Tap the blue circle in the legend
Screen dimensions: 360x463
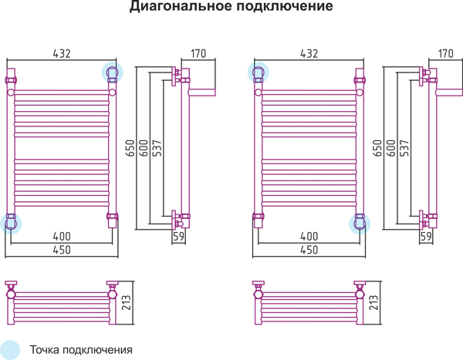pyautogui.click(x=10, y=349)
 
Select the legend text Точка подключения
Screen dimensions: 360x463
pyautogui.click(x=81, y=350)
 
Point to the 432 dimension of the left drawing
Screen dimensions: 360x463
pyautogui.click(x=62, y=54)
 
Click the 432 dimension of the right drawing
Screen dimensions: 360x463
pyautogui.click(x=309, y=54)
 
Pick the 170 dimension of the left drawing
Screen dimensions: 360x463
pyautogui.click(x=198, y=54)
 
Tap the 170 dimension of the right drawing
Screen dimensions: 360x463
pyautogui.click(x=445, y=54)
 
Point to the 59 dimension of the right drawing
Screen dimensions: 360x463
pyautogui.click(x=426, y=237)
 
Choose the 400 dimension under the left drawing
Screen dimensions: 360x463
pyautogui.click(x=62, y=237)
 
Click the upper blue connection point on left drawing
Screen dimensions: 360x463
pyautogui.click(x=113, y=72)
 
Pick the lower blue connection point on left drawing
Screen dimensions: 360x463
pyautogui.click(x=11, y=224)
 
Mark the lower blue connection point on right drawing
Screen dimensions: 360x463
pyautogui.click(x=360, y=224)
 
